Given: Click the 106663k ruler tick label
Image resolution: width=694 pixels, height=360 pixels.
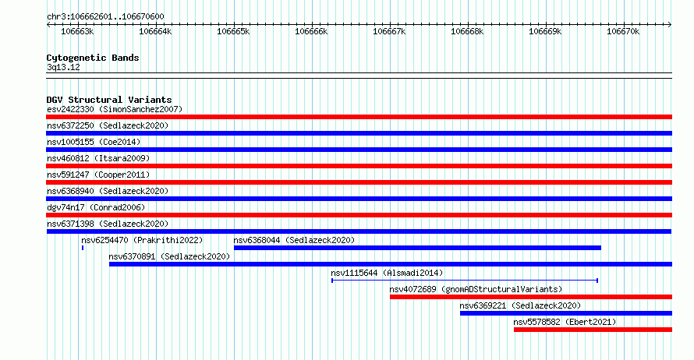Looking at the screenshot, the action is coord(77,31).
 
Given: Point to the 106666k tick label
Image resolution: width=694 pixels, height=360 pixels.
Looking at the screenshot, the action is coord(311,31).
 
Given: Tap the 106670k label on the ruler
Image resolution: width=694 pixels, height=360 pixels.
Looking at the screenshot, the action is coord(623,31).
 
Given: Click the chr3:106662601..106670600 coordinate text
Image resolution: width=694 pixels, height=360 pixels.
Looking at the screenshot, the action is coord(105,16).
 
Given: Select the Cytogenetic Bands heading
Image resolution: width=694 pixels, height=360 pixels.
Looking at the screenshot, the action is coord(93,58).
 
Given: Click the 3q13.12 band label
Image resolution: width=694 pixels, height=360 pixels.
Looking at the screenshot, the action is coord(63,67).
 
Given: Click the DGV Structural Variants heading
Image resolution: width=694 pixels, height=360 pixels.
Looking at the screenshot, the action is coord(109,100).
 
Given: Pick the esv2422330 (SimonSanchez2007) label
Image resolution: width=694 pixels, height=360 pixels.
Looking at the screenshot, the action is coord(115,109).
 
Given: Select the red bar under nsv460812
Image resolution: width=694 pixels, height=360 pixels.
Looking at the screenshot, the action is coord(359,166).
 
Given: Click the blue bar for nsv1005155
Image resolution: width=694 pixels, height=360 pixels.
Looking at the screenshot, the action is coord(359,150).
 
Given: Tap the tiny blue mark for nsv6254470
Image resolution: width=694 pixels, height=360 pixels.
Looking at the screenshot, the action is coord(83,248).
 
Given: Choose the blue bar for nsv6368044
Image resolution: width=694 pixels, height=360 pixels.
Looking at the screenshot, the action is coord(417,248).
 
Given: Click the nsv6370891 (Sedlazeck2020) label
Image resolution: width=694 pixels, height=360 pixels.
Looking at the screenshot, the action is coord(169,256).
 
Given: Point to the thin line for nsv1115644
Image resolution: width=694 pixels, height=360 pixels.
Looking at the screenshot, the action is coord(465,281).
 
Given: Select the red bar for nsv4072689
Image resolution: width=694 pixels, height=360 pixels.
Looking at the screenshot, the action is coord(531,297).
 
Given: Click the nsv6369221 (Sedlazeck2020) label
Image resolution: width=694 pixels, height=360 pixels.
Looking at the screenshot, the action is coord(520,305).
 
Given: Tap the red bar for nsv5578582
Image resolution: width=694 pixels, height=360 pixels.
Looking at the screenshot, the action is coord(593,330).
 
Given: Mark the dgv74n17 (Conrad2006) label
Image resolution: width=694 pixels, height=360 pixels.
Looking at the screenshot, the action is coord(96,207).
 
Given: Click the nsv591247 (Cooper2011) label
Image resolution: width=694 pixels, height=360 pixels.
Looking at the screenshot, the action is coord(98,175).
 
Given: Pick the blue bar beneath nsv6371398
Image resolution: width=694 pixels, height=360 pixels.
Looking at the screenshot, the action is coord(359,231).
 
